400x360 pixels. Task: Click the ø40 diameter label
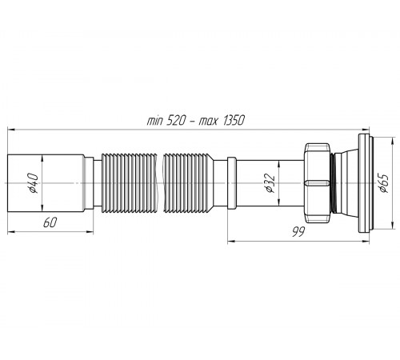pos(34,183)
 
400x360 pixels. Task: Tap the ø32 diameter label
pos(270,183)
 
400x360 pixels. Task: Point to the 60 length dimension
pos(50,222)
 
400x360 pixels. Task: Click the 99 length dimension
pos(298,232)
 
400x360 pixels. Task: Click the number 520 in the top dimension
pos(175,121)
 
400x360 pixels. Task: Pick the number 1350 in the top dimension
pos(233,121)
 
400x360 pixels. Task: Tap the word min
pos(154,122)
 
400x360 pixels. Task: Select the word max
pos(209,122)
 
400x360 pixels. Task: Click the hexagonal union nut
pos(318,183)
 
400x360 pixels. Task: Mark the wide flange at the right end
pos(364,183)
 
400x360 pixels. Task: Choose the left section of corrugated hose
pos(130,183)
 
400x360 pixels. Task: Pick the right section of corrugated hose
pos(188,183)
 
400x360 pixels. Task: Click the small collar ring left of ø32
pos(232,183)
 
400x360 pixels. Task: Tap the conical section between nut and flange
pos(346,183)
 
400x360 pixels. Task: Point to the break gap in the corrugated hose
pos(160,183)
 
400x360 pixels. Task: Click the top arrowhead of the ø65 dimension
pos(392,142)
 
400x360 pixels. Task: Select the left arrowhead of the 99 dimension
pos(231,242)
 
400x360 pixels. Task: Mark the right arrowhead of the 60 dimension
pos(90,232)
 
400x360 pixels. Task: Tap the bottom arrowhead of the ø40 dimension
pos(42,208)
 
